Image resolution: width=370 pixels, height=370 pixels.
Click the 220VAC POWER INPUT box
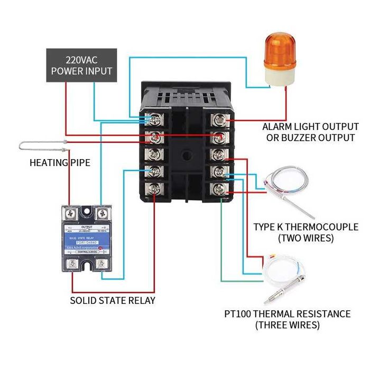(x=81, y=65)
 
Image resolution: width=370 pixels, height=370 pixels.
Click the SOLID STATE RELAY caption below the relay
(x=113, y=300)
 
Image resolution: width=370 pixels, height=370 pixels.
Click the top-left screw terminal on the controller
(x=154, y=119)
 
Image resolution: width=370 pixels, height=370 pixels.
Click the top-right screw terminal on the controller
(x=218, y=119)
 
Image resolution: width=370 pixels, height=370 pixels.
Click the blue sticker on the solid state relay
(x=87, y=238)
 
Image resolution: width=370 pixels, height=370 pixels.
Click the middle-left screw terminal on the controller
(x=154, y=154)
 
